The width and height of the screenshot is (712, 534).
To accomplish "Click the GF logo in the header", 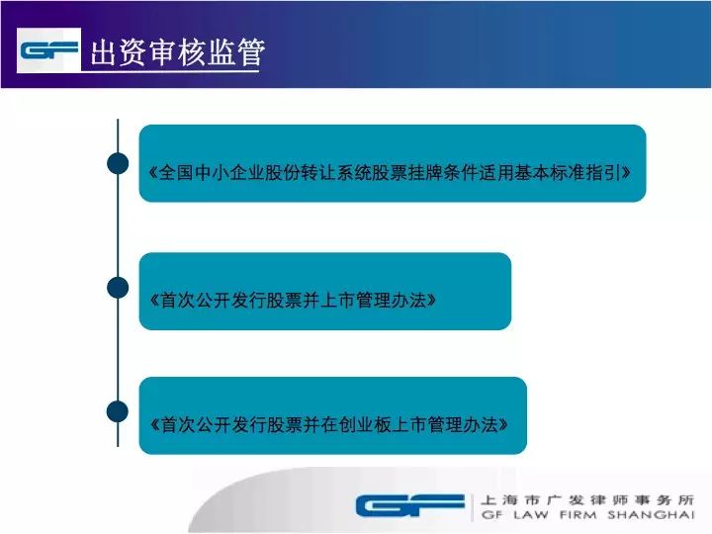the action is click(x=48, y=50).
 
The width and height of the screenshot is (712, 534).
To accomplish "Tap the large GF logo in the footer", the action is click(x=410, y=505).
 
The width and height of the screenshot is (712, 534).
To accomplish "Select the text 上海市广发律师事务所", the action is click(x=587, y=500).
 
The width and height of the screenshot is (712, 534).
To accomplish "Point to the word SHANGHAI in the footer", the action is click(x=651, y=515).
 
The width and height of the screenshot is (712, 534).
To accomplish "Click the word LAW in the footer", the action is click(x=531, y=515).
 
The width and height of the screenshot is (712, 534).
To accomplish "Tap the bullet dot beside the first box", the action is click(x=118, y=163).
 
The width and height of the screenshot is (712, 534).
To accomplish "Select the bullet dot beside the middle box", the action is click(x=118, y=288).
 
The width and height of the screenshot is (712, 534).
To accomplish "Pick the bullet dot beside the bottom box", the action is click(x=118, y=411).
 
